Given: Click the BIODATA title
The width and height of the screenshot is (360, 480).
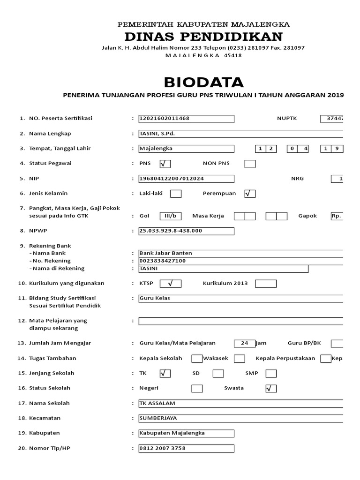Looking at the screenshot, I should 203,82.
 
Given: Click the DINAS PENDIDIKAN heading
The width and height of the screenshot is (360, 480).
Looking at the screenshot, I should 203,37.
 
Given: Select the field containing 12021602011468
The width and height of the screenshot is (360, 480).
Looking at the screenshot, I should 186,119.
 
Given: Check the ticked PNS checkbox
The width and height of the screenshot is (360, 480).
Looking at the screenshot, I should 165,164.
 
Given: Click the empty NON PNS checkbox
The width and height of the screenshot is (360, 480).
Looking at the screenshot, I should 250,164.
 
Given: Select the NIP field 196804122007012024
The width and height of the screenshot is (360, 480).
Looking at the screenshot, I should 186,179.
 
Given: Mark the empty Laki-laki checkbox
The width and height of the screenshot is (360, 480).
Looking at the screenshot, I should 176,194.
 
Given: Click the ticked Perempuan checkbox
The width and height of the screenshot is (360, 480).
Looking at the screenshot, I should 250,194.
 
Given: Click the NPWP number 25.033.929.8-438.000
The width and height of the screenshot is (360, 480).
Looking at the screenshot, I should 186,231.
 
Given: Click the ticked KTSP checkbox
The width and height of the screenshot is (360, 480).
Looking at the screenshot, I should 170,284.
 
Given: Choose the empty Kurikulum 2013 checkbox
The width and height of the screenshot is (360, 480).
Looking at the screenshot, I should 266,284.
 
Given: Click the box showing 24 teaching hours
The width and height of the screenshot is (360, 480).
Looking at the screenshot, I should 244,343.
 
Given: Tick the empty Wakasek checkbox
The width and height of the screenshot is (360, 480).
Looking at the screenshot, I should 239,359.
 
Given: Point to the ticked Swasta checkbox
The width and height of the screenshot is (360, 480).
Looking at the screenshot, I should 271,388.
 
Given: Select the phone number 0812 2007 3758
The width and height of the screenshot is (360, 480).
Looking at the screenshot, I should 186,448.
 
